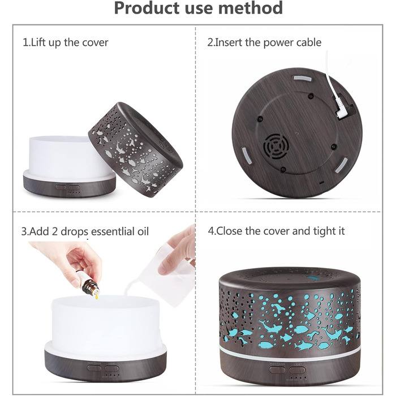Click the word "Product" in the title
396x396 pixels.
pos(148,8)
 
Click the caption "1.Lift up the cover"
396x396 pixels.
pos(66,42)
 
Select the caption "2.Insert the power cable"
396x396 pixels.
pos(264,42)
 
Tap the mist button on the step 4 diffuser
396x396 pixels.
pos(277,370)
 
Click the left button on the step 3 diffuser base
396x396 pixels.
pos(94,368)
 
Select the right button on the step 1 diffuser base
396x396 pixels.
pos(74,188)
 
